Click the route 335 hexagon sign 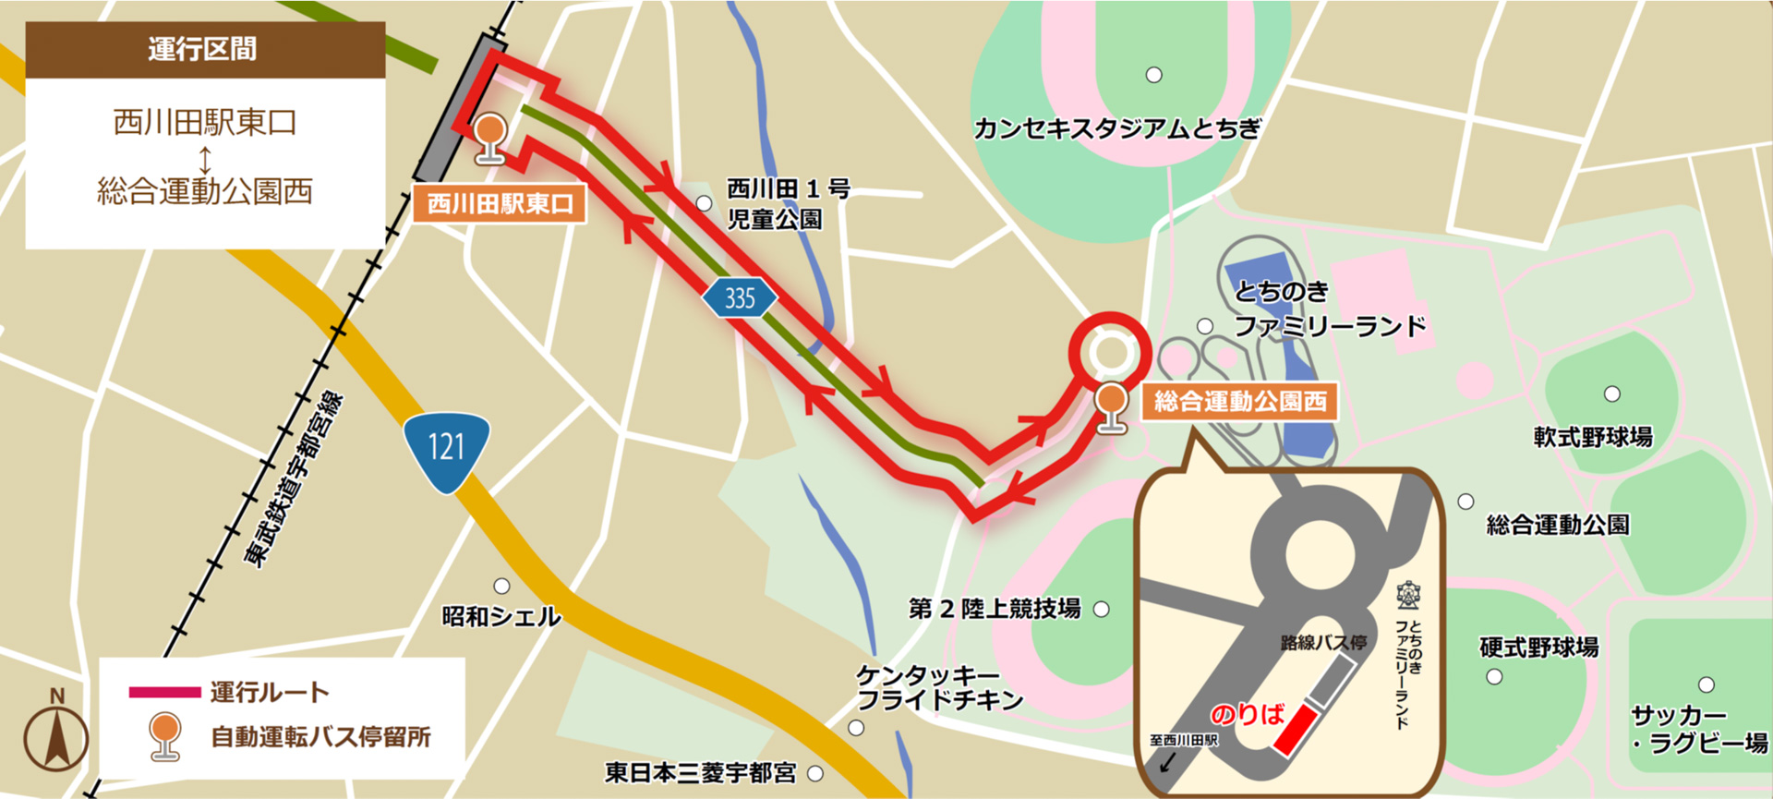coord(739,298)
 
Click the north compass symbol coord(56,734)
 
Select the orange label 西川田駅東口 coord(500,203)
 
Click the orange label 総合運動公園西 coord(1239,401)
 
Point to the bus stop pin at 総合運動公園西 coord(1111,407)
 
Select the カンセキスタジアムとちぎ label coord(1116,128)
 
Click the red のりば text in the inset coord(1247,714)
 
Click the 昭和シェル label coord(501,616)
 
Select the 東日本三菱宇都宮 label coord(700,773)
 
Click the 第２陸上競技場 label coord(995,609)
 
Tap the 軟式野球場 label coord(1593,436)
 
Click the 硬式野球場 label coord(1538,647)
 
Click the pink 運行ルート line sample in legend coord(164,692)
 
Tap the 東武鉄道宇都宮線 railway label coord(294,480)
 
